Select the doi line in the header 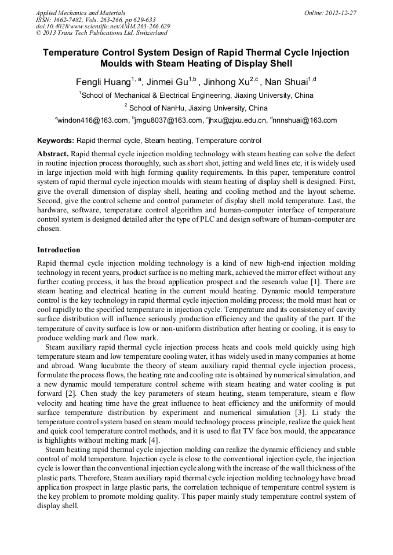click(x=103, y=26)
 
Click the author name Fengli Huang click(x=103, y=82)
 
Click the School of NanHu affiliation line click(x=198, y=108)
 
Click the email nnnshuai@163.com click(x=305, y=120)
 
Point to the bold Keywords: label click(x=56, y=141)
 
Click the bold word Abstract click(x=53, y=154)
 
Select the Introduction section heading click(x=59, y=250)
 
